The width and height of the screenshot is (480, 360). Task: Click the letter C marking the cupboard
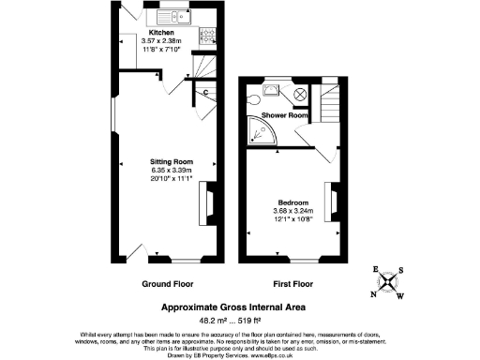point(205,92)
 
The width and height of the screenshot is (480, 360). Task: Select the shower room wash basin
point(271,91)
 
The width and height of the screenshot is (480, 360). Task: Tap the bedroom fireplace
point(329,203)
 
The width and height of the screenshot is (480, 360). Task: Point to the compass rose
point(388,282)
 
